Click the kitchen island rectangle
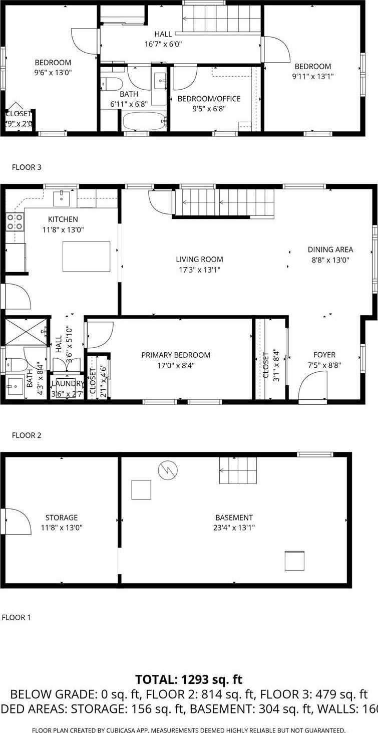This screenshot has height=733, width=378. [86, 256]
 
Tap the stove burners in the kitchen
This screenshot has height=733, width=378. [15, 221]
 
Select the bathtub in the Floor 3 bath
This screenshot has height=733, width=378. [144, 121]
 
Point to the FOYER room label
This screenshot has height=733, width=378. [324, 355]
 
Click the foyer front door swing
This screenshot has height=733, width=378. [311, 388]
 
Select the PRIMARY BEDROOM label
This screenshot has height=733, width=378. [176, 355]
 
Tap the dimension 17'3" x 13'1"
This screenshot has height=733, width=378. [199, 270]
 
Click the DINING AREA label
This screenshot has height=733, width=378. [330, 249]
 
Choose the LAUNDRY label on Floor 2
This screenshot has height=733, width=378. [68, 383]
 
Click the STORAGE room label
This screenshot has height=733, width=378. [62, 518]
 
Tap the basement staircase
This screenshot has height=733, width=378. [238, 470]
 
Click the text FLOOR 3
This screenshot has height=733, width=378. [27, 167]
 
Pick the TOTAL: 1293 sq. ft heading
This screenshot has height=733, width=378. [189, 679]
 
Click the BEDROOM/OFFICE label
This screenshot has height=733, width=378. [209, 99]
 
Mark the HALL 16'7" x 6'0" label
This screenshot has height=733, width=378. [163, 39]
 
